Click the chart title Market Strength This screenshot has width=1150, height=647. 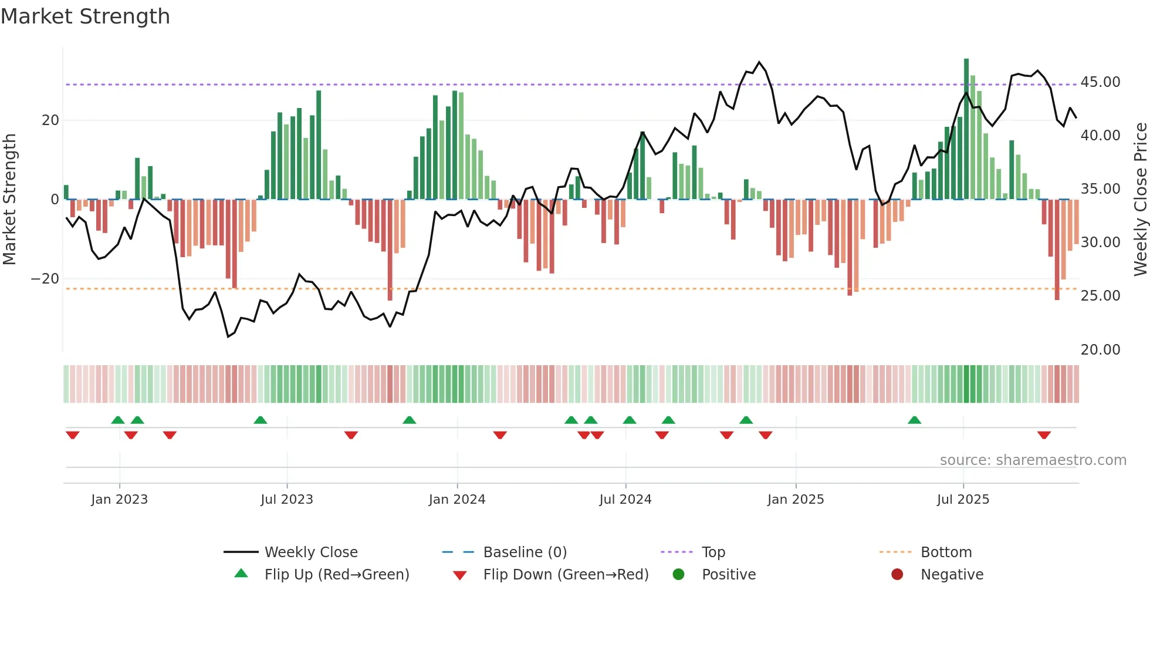[x=85, y=16]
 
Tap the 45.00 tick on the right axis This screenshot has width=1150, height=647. [x=1100, y=82]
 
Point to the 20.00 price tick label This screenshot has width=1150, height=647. [x=1100, y=350]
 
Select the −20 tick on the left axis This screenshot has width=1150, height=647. [x=45, y=279]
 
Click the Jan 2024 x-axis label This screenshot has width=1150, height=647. [x=457, y=500]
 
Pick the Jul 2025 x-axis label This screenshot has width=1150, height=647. [x=963, y=500]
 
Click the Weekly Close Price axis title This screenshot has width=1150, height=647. [x=1140, y=200]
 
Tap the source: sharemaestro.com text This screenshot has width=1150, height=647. [x=1033, y=460]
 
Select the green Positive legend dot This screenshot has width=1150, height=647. [x=679, y=575]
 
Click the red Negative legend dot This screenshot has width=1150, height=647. [x=897, y=575]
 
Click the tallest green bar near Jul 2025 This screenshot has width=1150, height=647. [x=966, y=129]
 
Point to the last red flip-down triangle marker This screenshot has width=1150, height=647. [x=1044, y=435]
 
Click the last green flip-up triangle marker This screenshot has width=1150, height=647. [x=914, y=420]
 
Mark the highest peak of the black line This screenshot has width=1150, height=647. [x=759, y=62]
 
